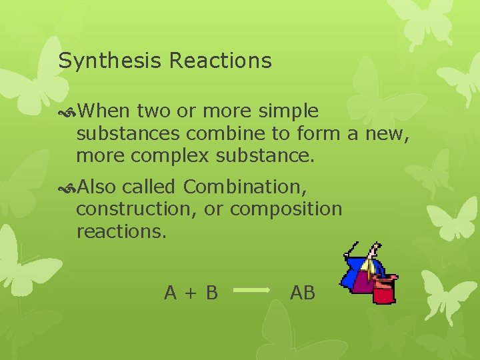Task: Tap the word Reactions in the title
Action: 221,61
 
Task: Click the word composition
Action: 286,209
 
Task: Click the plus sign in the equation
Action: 191,293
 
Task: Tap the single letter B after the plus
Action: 211,292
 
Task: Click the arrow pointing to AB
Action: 254,291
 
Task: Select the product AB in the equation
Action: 303,292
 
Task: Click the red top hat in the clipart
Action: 384,287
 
